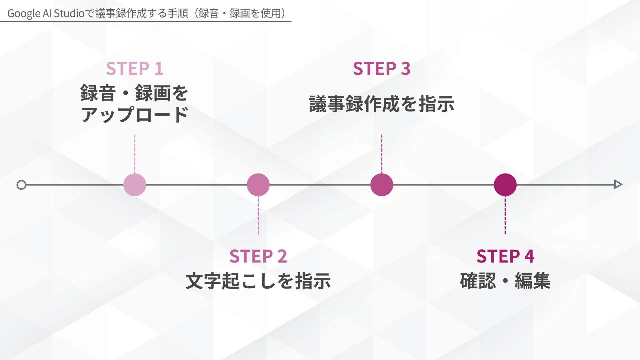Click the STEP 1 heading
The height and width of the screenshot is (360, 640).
click(135, 69)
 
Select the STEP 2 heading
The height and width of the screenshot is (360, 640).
click(258, 256)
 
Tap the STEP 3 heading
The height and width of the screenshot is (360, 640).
click(381, 69)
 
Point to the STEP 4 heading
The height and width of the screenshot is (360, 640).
click(505, 256)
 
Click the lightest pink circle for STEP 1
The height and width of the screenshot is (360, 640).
click(135, 185)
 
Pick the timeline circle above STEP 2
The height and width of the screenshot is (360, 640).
click(258, 185)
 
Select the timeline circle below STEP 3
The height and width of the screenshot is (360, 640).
click(382, 185)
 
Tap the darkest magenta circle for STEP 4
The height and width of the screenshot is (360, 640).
click(505, 185)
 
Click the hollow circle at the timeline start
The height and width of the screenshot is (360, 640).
click(21, 185)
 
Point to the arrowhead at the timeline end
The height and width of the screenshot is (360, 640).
click(618, 184)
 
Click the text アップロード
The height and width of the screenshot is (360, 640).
click(135, 115)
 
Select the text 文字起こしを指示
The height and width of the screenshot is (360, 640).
click(258, 281)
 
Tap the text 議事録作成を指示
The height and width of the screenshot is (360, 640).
click(381, 104)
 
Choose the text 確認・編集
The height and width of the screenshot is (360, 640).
click(505, 281)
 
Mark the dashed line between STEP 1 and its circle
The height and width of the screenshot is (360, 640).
click(135, 153)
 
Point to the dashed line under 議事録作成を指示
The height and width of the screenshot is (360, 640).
click(382, 153)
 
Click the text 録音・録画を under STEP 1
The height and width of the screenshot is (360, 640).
click(135, 93)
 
